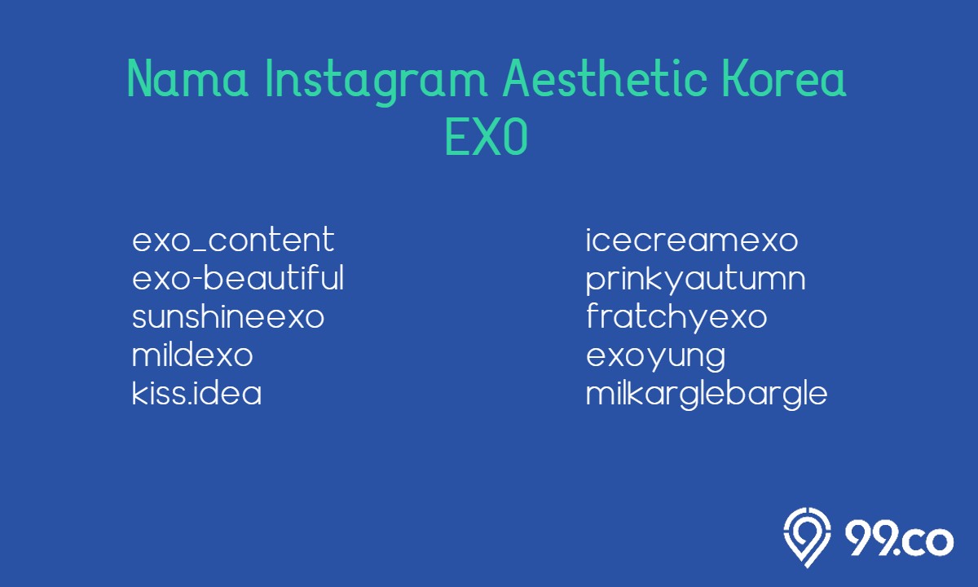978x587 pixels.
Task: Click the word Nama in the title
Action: pos(187,78)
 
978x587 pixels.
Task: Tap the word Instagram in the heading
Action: pos(376,82)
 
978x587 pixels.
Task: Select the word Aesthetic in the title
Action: pos(605,78)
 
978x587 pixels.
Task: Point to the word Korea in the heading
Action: pos(785,78)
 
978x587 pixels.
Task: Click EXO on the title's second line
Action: pos(487,137)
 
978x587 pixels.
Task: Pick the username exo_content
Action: pos(233,240)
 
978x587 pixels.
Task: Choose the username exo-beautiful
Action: pos(238,277)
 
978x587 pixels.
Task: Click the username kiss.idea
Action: pos(197,392)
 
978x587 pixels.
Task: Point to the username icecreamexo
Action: pos(692,240)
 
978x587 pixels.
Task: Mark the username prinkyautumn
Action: pos(696,280)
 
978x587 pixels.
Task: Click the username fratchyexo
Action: pos(676,317)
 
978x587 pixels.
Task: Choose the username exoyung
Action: pos(656,357)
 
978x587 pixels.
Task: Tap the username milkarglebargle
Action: pos(707,395)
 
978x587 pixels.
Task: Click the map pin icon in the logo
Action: pos(807,537)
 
